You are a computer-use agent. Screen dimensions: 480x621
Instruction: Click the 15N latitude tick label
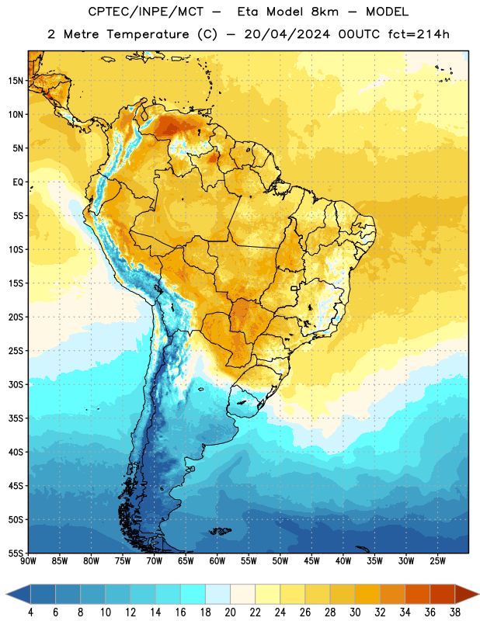[x=16, y=81]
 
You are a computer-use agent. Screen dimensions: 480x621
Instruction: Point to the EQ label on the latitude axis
[x=18, y=182]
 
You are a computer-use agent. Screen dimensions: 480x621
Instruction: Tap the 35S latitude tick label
[x=16, y=418]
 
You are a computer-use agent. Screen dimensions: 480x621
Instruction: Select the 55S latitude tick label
[x=16, y=553]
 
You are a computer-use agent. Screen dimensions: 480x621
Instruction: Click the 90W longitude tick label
[x=28, y=561]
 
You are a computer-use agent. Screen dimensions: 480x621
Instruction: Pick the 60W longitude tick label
[x=217, y=561]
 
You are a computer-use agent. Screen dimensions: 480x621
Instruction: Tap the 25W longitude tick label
[x=437, y=561]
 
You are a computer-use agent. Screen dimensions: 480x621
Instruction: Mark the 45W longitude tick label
[x=311, y=561]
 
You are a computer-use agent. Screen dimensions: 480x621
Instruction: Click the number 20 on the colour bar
[x=230, y=612]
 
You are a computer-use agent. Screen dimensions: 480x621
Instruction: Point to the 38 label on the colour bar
[x=454, y=612]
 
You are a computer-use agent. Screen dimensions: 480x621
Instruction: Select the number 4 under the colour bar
[x=30, y=612]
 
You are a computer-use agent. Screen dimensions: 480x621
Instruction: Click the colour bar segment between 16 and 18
[x=193, y=594]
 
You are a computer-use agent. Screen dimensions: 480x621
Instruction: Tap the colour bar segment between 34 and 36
[x=417, y=594]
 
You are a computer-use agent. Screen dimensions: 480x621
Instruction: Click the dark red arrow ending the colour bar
[x=466, y=594]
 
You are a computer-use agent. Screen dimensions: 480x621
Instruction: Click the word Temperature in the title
[x=148, y=34]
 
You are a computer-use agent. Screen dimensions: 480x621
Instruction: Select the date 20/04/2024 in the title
[x=287, y=34]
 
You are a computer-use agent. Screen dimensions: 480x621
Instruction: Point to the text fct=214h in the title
[x=419, y=34]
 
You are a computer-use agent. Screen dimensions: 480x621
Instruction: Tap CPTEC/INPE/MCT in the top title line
[x=145, y=12]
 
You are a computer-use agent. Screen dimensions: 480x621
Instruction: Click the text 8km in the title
[x=325, y=12]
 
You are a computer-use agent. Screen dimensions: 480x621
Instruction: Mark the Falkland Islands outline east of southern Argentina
[x=221, y=531]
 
